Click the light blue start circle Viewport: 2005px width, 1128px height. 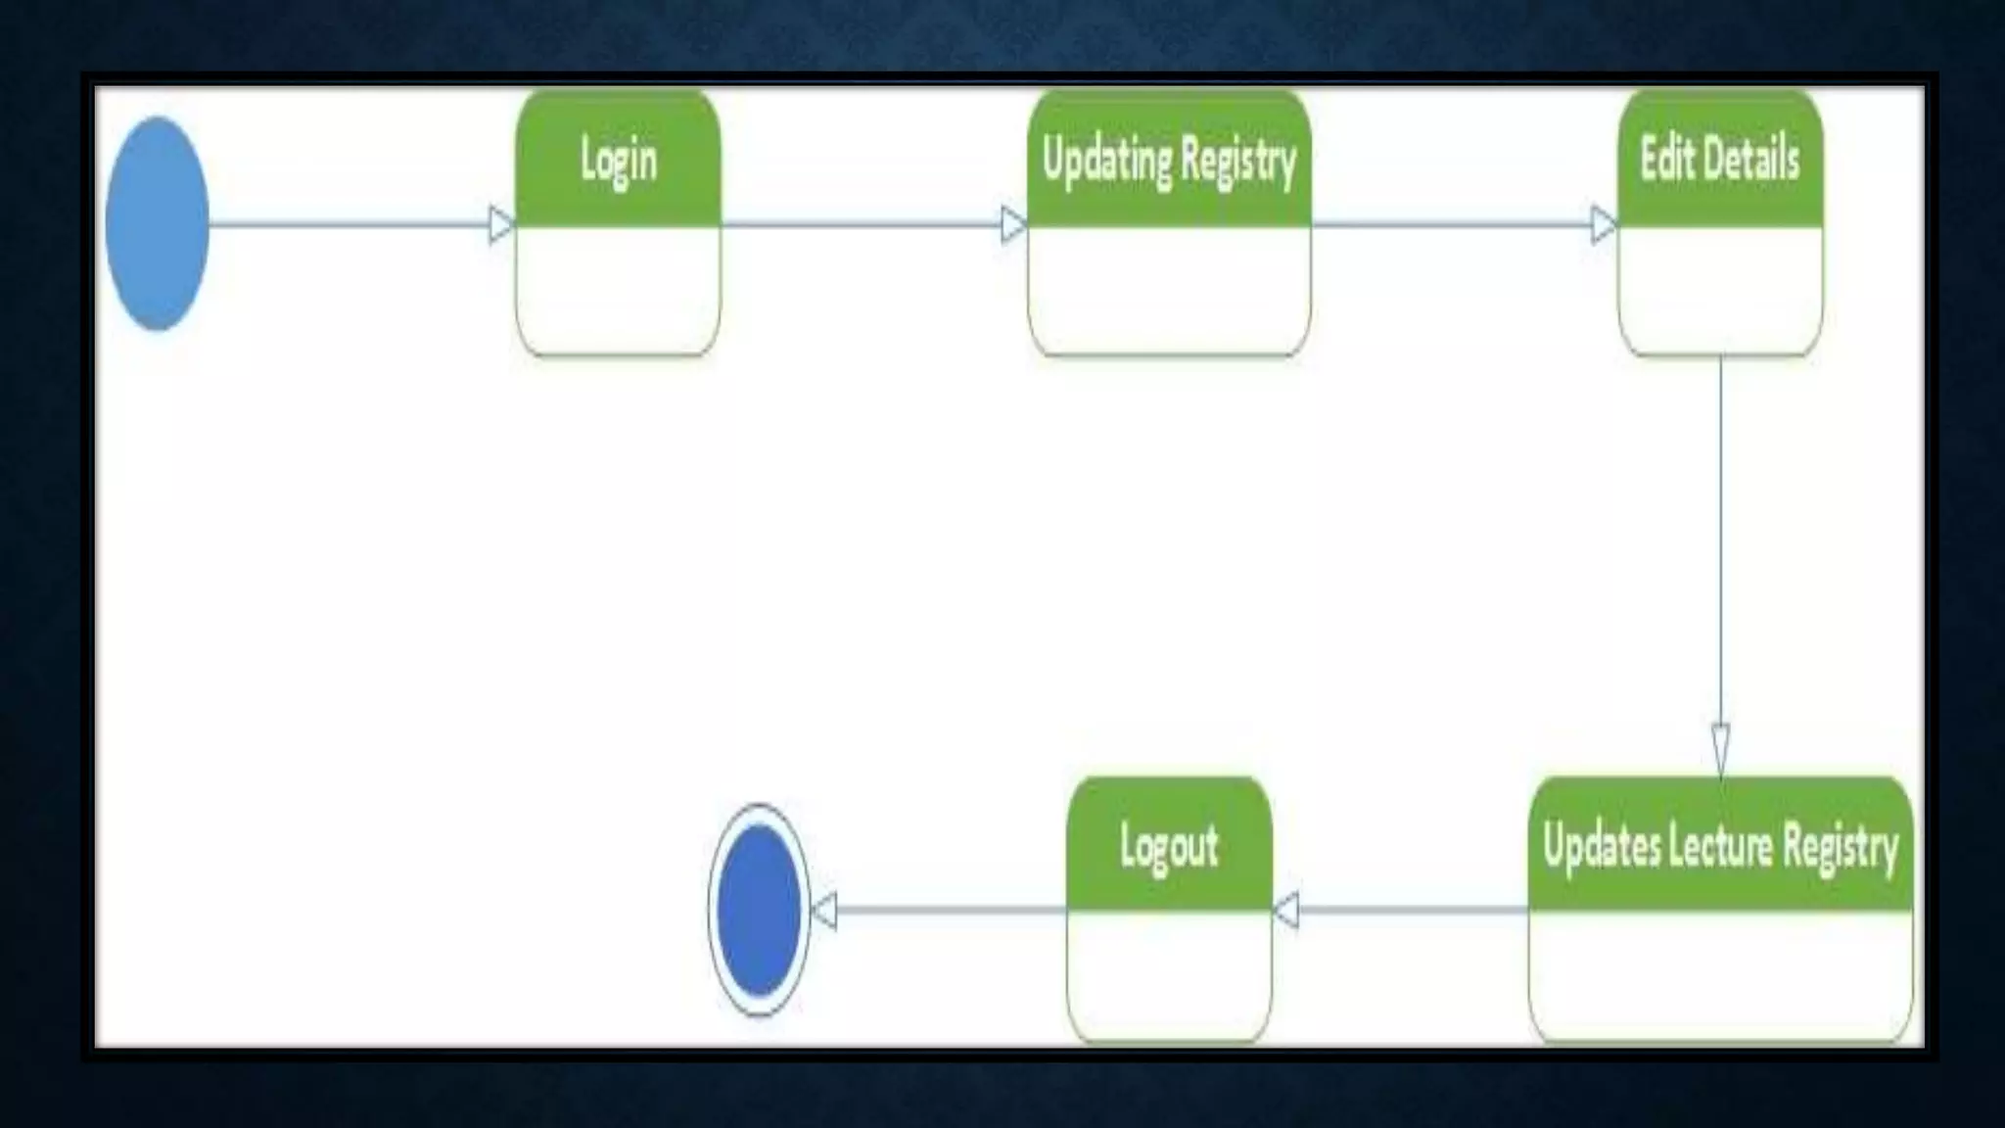pyautogui.click(x=157, y=223)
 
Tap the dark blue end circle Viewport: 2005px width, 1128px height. pyautogui.click(x=759, y=910)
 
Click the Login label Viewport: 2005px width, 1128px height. pyautogui.click(x=618, y=161)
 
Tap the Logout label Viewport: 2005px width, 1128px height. pyautogui.click(x=1169, y=847)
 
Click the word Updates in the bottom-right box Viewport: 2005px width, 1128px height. pyautogui.click(x=1601, y=846)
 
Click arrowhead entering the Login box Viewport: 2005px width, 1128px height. pyautogui.click(x=501, y=224)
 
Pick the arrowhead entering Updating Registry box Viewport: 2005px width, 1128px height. pyautogui.click(x=1013, y=224)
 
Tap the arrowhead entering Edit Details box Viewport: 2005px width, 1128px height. pyautogui.click(x=1604, y=224)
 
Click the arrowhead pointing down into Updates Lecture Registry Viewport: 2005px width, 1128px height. pyautogui.click(x=1720, y=748)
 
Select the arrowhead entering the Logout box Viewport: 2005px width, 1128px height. pyautogui.click(x=1286, y=911)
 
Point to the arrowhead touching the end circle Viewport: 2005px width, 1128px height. pyautogui.click(x=824, y=911)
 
